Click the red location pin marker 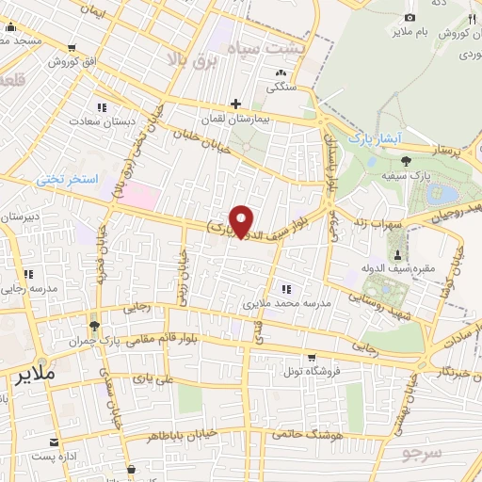243,220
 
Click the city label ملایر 39,375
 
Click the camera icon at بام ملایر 409,18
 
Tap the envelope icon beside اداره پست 53,442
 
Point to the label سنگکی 280,88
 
